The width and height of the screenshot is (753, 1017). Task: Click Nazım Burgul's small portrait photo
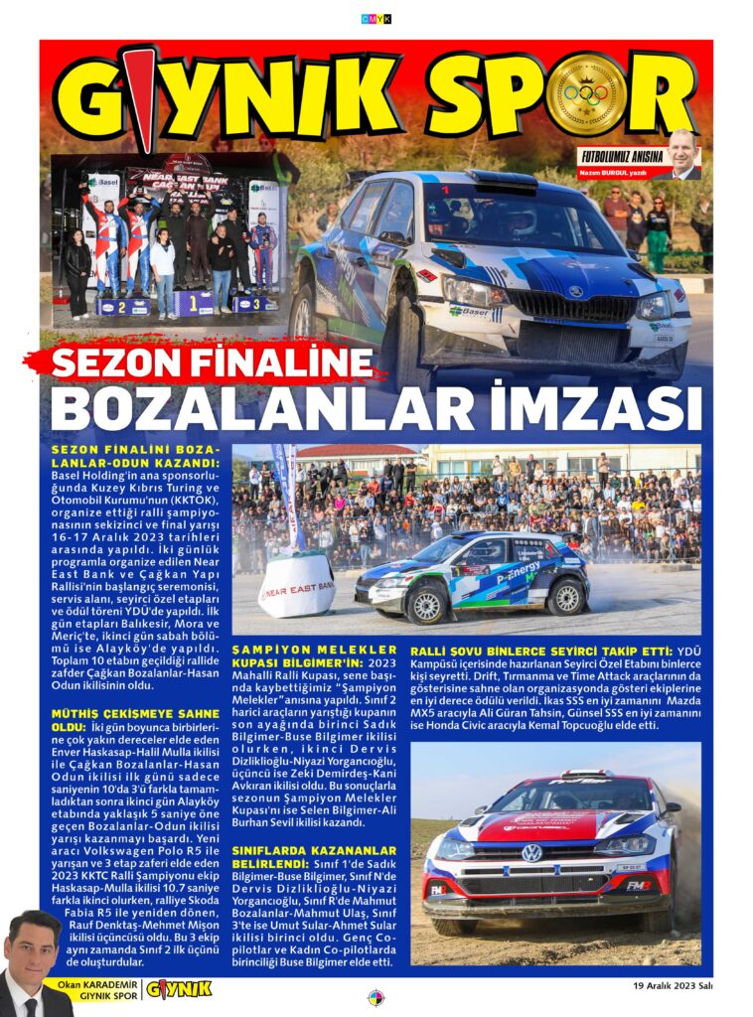tap(682, 154)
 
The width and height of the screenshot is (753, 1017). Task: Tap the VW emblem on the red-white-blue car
tap(531, 852)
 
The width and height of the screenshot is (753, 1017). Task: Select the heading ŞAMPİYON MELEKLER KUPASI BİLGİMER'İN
tap(313, 655)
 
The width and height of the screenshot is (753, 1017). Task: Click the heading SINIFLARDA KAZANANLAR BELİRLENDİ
tap(313, 857)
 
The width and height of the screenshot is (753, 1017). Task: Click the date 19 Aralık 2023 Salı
tap(673, 986)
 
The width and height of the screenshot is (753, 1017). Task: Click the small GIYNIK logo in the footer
tap(179, 988)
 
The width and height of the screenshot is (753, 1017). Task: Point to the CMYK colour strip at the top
tap(376, 18)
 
